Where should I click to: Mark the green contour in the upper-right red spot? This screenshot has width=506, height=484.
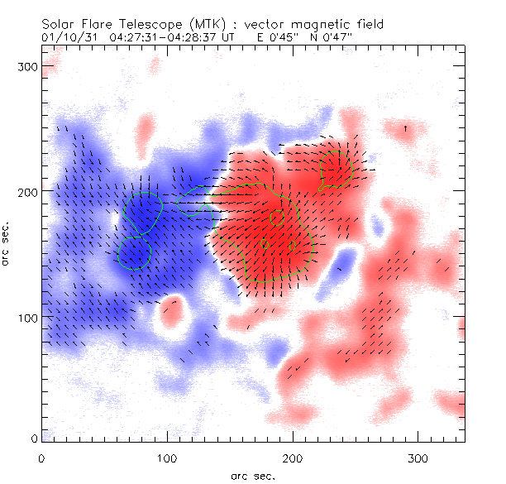point(337,169)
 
